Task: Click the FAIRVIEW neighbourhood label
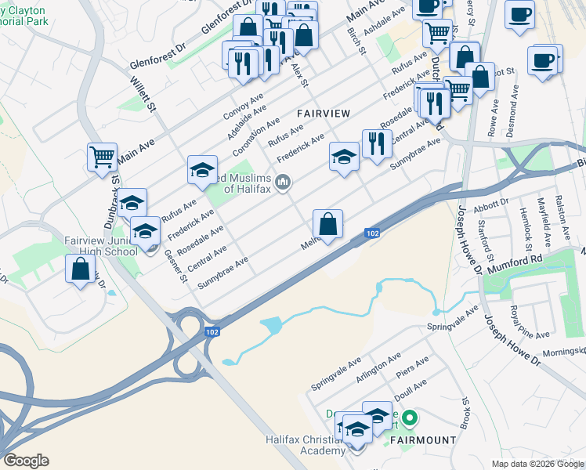click(324, 114)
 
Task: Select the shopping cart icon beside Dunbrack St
click(102, 157)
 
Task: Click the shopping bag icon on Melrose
click(328, 223)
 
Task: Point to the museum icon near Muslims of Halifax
click(284, 183)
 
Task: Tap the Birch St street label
click(356, 41)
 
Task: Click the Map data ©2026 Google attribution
click(537, 464)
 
